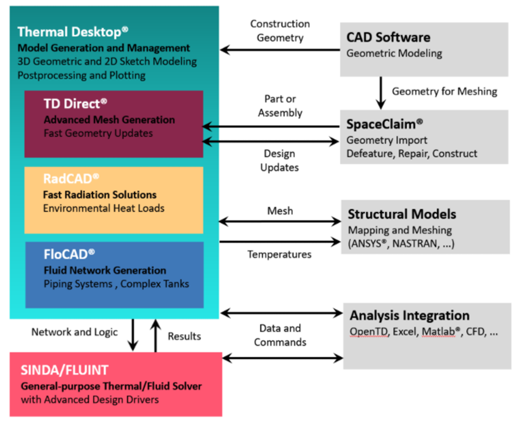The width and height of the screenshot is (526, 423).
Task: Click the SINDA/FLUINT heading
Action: click(x=64, y=370)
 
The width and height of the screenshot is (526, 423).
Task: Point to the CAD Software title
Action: click(x=388, y=38)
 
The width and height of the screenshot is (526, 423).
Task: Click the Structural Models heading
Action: click(x=402, y=215)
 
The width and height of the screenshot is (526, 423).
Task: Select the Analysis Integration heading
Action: click(x=410, y=315)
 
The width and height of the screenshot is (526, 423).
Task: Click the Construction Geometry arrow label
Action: click(x=280, y=31)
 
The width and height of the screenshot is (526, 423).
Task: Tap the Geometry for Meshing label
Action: click(x=444, y=92)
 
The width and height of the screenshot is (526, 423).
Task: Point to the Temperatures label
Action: click(x=280, y=254)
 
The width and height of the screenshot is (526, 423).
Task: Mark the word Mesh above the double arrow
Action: click(x=280, y=211)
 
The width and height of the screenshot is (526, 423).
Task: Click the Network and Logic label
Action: click(x=74, y=332)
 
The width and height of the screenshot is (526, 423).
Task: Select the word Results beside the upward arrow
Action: click(x=184, y=336)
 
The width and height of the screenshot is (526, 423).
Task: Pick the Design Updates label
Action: click(x=280, y=161)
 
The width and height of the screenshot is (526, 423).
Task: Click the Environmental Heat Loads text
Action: click(x=104, y=208)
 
